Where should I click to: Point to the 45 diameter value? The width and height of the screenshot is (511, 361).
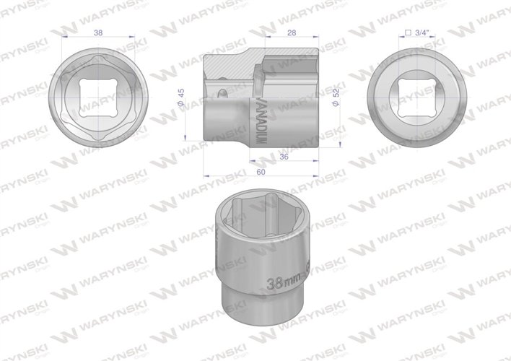[183, 95]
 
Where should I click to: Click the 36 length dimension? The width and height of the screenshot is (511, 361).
[284, 155]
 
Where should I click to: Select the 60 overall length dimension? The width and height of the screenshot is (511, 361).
[261, 173]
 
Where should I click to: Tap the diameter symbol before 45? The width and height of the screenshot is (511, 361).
[183, 107]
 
